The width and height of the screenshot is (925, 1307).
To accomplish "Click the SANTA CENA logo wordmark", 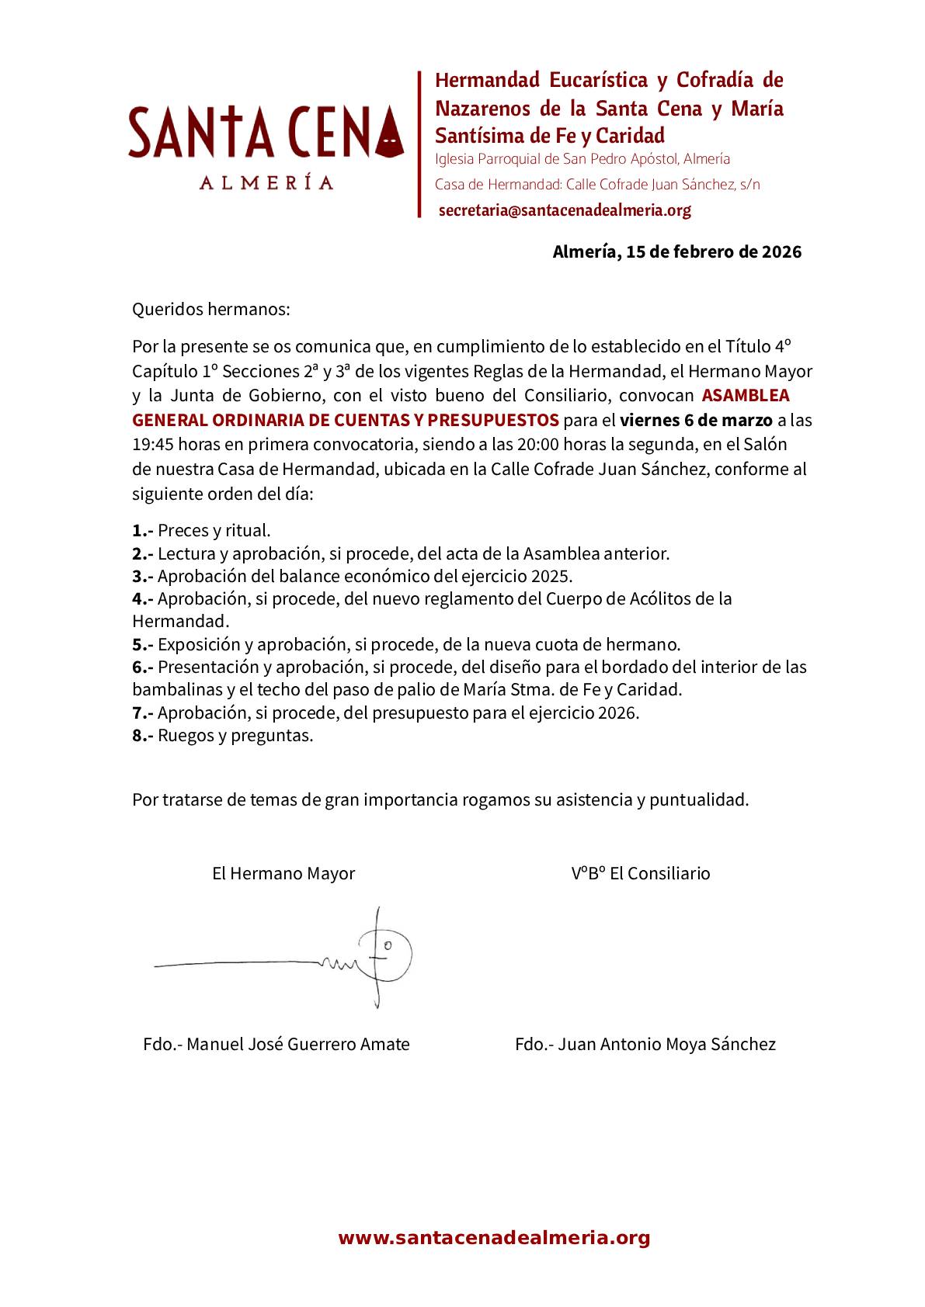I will click(266, 132).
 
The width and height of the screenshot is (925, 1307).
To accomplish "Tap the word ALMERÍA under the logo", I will click(266, 183).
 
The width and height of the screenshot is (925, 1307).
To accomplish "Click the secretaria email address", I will click(565, 210).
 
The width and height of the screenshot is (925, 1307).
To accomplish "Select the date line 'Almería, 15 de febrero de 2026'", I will click(676, 252).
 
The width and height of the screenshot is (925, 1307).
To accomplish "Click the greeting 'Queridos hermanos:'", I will click(210, 310).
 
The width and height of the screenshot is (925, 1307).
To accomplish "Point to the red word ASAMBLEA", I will click(746, 395).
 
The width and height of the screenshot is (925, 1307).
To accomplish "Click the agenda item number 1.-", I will click(142, 531).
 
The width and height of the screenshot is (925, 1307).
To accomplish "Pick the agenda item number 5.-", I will click(142, 644).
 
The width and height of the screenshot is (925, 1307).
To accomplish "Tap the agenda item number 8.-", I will click(142, 736).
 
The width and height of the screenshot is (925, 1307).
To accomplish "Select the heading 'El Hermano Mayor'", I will click(283, 873).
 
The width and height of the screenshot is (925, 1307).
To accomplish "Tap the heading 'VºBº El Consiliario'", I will click(641, 873).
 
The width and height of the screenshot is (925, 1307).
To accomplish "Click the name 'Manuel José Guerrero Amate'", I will click(298, 1045).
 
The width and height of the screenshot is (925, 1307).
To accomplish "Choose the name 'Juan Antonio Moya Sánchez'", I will click(667, 1045).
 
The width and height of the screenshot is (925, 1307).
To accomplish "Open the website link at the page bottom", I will click(494, 1238).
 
